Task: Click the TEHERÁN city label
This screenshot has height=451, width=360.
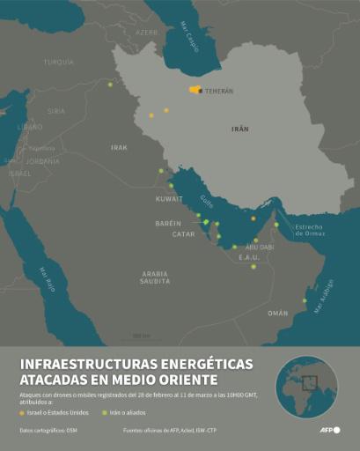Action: point(219,91)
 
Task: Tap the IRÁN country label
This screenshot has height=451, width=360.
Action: point(240,129)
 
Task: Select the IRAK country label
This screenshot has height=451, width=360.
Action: point(119,147)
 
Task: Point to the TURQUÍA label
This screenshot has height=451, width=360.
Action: point(59,62)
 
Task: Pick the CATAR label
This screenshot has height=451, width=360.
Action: point(183,234)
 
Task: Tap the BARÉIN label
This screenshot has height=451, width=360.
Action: point(168,223)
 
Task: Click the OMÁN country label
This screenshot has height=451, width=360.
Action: point(277,313)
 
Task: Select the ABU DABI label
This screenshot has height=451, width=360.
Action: point(260,248)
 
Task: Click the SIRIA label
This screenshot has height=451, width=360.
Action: point(56,111)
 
